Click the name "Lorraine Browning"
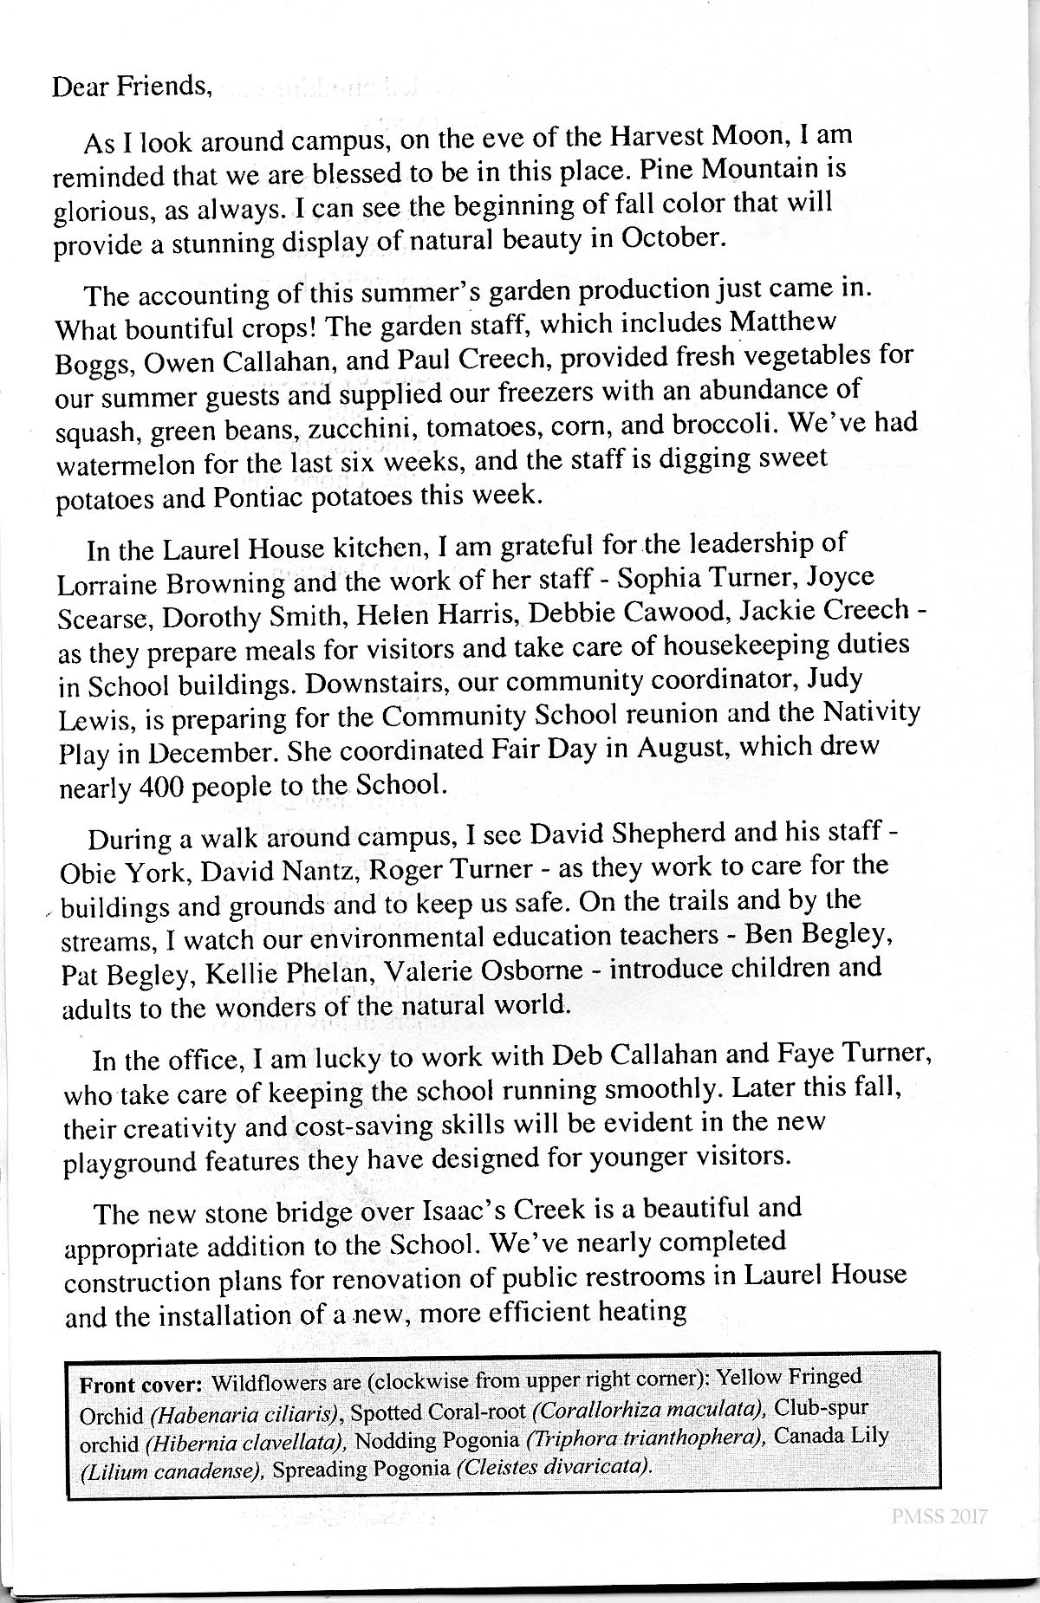click(171, 584)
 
